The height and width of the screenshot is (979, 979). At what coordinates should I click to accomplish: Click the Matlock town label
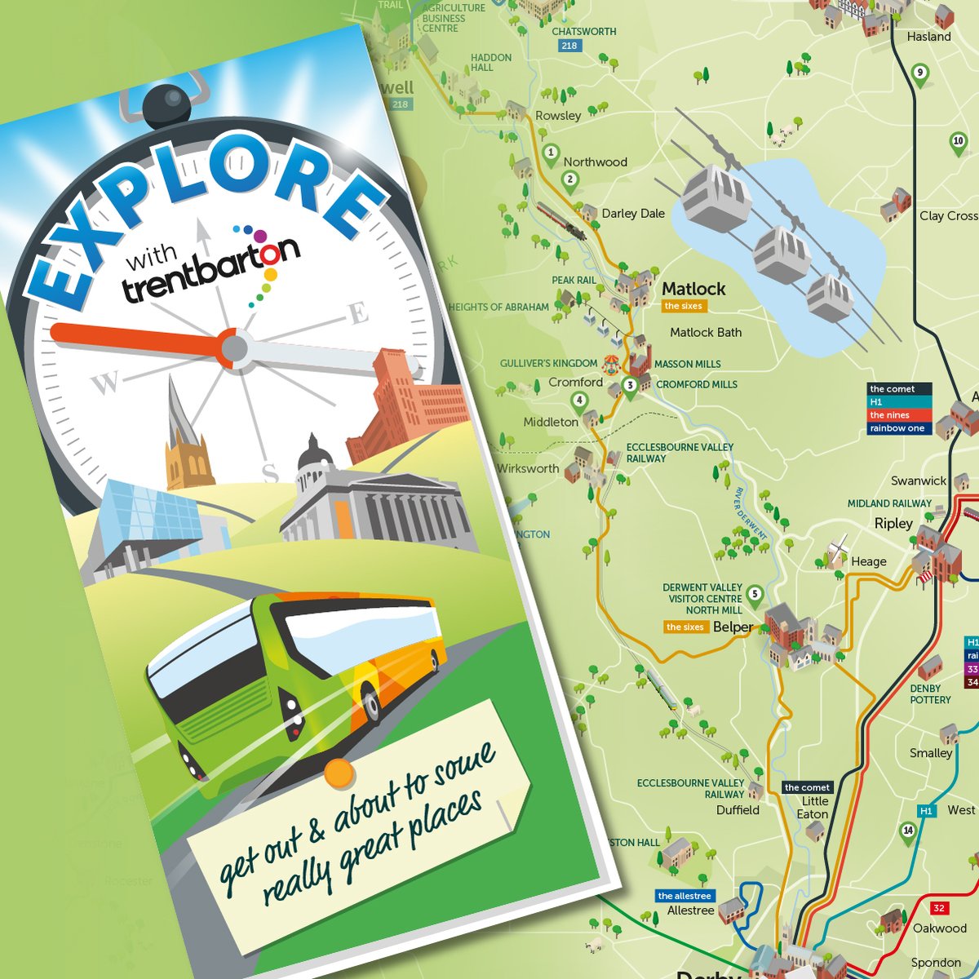693,289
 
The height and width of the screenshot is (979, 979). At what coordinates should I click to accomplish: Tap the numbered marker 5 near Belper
755,595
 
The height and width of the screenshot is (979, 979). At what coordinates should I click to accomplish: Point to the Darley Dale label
633,214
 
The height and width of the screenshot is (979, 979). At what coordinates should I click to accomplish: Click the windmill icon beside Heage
836,552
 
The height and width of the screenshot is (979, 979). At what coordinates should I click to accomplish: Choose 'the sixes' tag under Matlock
684,306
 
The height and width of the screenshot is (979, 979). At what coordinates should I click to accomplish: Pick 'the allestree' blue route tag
684,896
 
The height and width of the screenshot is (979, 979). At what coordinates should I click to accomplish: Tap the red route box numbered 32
939,908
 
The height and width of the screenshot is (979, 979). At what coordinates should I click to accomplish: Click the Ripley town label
893,524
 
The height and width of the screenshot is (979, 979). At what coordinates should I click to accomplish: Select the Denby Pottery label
930,694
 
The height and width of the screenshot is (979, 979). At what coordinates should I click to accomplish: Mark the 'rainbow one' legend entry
897,428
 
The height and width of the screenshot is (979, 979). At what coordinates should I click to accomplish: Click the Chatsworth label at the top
584,32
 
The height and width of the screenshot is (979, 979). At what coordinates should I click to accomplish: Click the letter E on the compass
358,313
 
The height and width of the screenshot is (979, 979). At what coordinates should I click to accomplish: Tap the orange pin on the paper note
339,773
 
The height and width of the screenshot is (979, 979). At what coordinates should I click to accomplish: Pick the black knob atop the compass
166,105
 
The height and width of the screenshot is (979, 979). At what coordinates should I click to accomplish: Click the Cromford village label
575,383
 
